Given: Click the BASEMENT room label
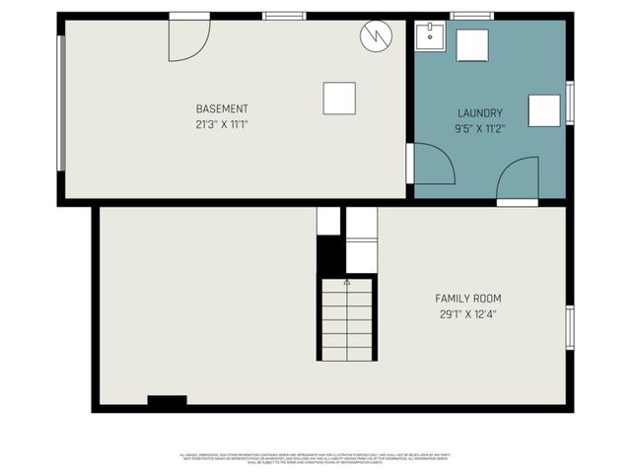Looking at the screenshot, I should [222, 108].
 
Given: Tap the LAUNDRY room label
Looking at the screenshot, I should [480, 113].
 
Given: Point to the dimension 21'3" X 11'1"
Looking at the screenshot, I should [222, 125].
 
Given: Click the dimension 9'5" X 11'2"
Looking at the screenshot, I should [480, 128].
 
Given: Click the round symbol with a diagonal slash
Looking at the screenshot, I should [376, 36].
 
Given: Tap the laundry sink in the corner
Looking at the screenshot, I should [429, 36].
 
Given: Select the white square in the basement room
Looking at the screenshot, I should [339, 98].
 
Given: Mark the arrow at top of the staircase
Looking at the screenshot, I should [346, 282].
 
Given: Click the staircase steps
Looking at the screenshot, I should [346, 320].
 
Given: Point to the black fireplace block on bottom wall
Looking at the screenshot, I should [167, 401].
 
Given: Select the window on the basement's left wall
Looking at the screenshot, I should [63, 102].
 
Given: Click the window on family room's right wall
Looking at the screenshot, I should [569, 327].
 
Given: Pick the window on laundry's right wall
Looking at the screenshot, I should [570, 102].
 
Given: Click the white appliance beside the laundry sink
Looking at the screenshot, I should [472, 45].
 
